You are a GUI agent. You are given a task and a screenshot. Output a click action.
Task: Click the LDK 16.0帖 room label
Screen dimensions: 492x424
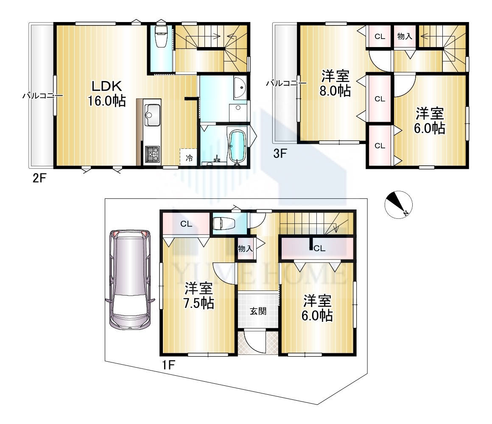pos(107,93)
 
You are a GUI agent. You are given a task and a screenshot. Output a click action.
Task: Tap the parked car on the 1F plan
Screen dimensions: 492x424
pos(130,280)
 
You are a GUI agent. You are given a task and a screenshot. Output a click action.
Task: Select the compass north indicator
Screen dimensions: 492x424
pos(399,205)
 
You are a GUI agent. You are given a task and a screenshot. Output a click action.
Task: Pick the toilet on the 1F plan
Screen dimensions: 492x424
pos(224,224)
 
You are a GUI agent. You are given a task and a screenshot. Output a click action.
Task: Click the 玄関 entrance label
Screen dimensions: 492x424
pos(258,311)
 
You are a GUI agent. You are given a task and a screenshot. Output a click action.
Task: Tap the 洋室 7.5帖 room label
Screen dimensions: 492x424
pos(198,296)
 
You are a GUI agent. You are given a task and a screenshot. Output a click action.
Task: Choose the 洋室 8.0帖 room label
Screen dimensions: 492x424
pos(335,83)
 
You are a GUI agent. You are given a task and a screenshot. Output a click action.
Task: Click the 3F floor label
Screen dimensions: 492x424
pos(280,153)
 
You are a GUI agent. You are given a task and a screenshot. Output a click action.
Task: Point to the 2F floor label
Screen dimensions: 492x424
pos(39,178)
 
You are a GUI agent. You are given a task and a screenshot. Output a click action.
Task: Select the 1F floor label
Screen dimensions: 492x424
pos(168,365)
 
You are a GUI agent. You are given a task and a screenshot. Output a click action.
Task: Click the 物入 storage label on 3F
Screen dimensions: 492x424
pos(405,36)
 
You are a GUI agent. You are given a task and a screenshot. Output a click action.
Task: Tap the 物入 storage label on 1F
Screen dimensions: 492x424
pos(246,249)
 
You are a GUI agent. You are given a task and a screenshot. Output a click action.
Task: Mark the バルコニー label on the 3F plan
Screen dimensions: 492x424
pos(286,83)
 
